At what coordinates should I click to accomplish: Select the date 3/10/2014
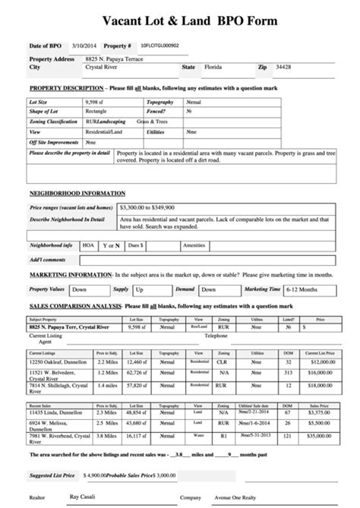click(x=84, y=46)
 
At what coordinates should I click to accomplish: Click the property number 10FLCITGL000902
click(x=160, y=46)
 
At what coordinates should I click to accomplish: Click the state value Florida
click(x=214, y=68)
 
